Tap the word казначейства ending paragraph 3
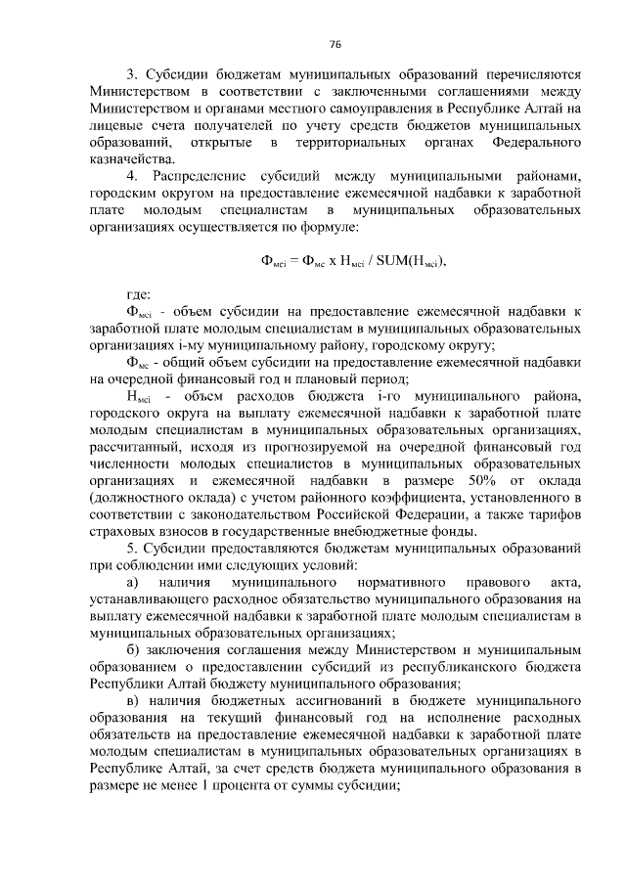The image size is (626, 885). tap(132, 159)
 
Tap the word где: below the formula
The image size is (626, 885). tap(139, 295)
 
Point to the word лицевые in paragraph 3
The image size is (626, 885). tap(115, 126)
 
